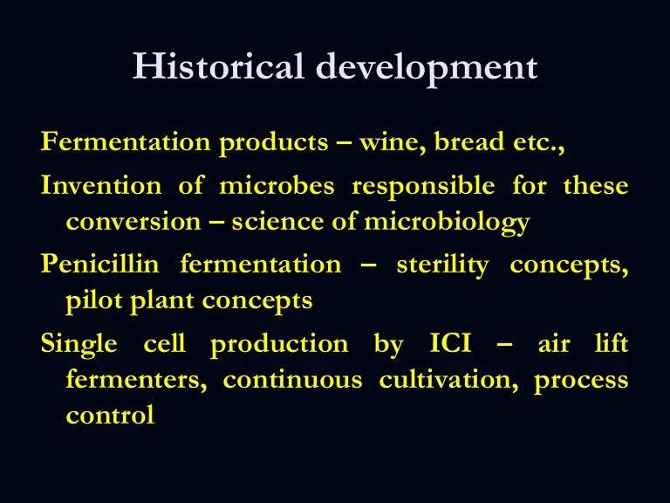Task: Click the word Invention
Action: tap(101, 186)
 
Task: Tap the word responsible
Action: tap(423, 187)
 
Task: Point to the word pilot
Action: tap(92, 301)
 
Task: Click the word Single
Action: tap(79, 345)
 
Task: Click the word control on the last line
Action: tap(110, 416)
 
